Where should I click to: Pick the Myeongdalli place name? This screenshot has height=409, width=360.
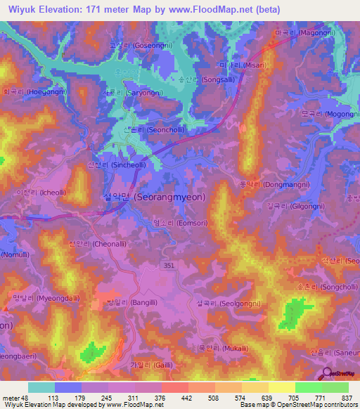41,297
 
